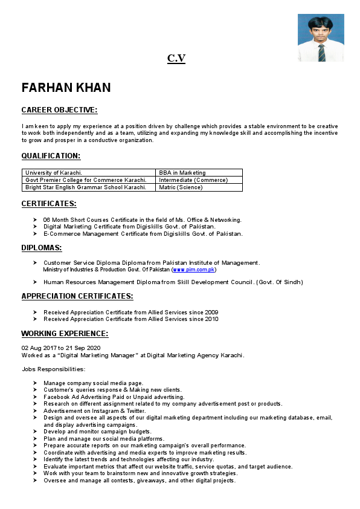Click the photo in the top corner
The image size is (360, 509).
click(321, 37)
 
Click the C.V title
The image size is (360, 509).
click(176, 58)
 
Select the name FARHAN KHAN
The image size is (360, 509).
click(66, 88)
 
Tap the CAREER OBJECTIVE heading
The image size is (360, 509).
click(59, 110)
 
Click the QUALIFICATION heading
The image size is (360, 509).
click(51, 156)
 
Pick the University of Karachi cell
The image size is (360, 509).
click(54, 173)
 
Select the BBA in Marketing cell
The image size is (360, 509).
click(182, 173)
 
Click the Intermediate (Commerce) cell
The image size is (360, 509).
click(193, 180)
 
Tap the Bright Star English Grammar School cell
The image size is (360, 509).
click(86, 187)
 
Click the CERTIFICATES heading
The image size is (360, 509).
click(49, 204)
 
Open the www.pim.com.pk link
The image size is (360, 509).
click(194, 270)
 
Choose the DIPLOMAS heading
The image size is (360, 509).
click(42, 248)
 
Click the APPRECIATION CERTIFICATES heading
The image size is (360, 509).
click(77, 296)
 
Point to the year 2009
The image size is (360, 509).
click(212, 312)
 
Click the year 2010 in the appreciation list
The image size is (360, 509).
click(212, 319)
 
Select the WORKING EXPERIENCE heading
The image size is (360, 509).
click(65, 334)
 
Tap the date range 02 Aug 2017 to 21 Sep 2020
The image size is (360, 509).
click(61, 348)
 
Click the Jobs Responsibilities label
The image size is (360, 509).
click(54, 369)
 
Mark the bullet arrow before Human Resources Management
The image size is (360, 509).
click(36, 282)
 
